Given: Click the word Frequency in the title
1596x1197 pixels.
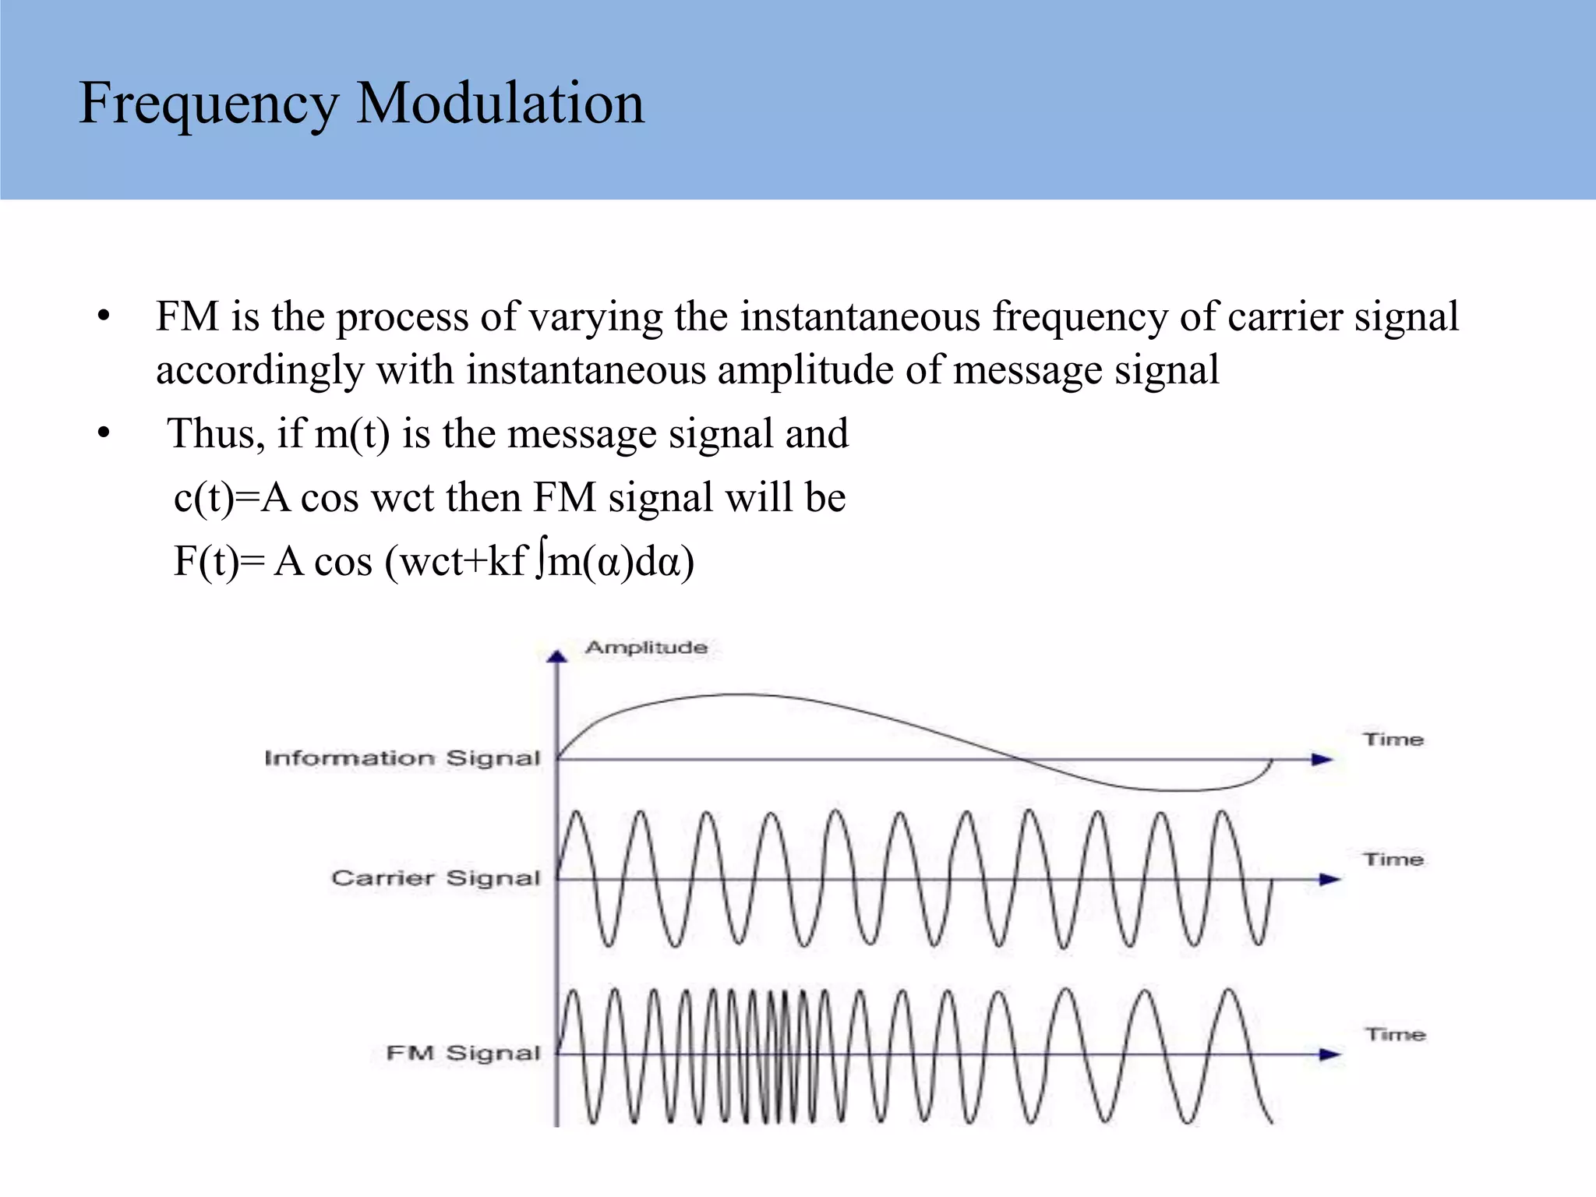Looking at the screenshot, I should (208, 104).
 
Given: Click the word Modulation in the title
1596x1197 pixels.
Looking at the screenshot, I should (500, 103).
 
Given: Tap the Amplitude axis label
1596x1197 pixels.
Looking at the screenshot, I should (646, 648).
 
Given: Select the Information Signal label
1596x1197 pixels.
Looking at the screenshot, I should (402, 758).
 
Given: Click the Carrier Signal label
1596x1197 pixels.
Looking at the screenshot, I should (436, 878).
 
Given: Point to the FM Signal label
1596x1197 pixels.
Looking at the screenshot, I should (463, 1054).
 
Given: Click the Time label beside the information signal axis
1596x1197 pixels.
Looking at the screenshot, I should (1393, 740).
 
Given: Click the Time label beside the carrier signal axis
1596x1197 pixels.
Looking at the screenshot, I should (1393, 860).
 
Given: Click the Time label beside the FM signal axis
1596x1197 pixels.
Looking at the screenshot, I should (1394, 1035).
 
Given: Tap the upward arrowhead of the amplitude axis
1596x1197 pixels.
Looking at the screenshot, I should (556, 657).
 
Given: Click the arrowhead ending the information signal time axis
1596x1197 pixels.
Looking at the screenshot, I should (1322, 759).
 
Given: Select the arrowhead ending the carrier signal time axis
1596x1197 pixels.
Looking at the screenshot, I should (1329, 879).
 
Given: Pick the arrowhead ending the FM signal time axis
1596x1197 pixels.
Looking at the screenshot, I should (1329, 1054).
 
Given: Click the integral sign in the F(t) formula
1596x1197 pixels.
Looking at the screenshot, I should (540, 562).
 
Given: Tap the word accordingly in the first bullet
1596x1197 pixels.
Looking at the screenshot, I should (260, 370).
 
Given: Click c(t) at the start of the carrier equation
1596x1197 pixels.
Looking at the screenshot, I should (203, 498).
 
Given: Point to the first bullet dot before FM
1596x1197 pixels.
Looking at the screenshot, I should (104, 318).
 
